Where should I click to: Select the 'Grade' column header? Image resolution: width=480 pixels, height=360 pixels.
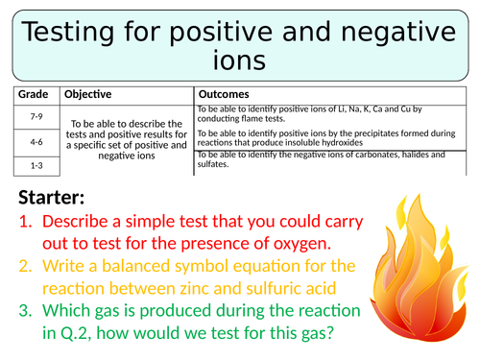(x=35, y=95)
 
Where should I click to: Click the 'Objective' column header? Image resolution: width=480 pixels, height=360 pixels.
(x=88, y=95)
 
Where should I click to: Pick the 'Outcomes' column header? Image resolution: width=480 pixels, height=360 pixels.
(x=224, y=95)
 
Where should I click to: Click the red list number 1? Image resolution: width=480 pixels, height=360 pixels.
(x=26, y=222)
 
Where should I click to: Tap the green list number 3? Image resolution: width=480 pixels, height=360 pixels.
(x=26, y=311)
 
